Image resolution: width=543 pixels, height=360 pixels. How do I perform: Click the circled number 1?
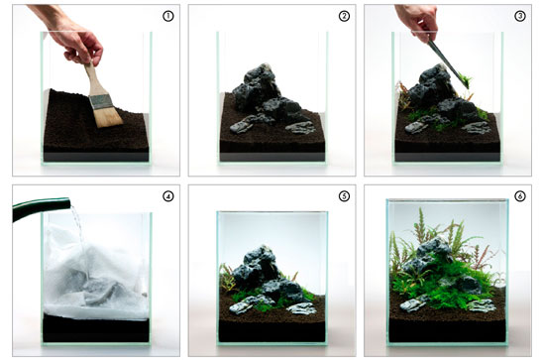168,16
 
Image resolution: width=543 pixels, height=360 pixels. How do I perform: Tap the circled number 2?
344,16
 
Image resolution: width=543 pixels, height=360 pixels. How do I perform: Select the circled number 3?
520,16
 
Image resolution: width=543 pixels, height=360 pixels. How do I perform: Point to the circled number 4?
168,196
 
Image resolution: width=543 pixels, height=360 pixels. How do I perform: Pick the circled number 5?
344,196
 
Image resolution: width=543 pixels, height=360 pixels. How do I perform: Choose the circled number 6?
520,196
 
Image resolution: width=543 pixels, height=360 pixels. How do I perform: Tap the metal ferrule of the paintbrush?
101,102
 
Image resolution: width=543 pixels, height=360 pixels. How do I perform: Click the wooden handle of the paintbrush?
92,79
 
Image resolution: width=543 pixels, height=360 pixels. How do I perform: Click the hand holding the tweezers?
416,21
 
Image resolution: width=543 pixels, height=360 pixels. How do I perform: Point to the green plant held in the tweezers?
466,81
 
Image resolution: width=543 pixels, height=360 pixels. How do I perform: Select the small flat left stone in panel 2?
243,126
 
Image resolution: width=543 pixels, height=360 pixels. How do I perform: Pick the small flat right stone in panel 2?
300,128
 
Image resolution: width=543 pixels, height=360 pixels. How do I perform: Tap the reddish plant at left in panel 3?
404,96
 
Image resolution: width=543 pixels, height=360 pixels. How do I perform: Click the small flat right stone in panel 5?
301,308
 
